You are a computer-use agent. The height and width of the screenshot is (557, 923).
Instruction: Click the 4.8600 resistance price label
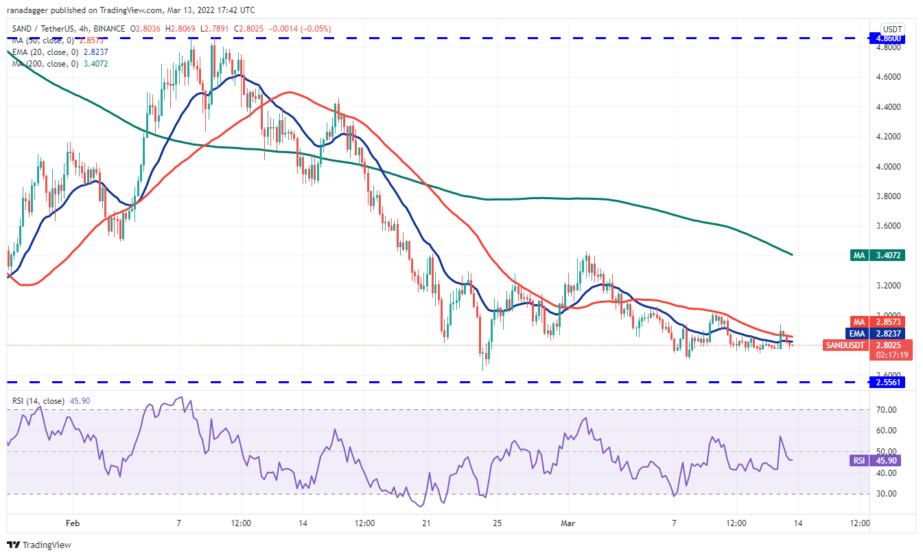(x=885, y=38)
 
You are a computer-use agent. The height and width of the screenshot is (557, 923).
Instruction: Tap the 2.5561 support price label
(x=885, y=382)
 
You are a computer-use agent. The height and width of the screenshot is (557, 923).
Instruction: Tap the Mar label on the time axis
(x=567, y=523)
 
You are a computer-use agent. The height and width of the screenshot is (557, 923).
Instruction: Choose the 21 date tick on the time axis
(x=426, y=523)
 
